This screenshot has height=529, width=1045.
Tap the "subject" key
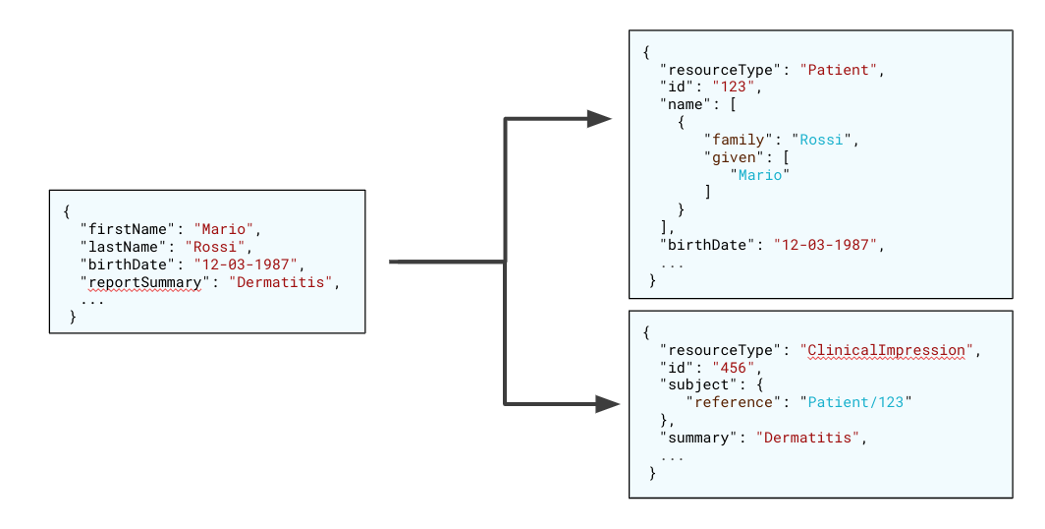[x=699, y=384]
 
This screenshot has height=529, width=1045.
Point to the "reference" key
[x=735, y=402]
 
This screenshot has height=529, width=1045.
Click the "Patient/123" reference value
[x=855, y=402]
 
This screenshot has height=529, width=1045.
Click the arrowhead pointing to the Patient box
[x=600, y=119]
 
